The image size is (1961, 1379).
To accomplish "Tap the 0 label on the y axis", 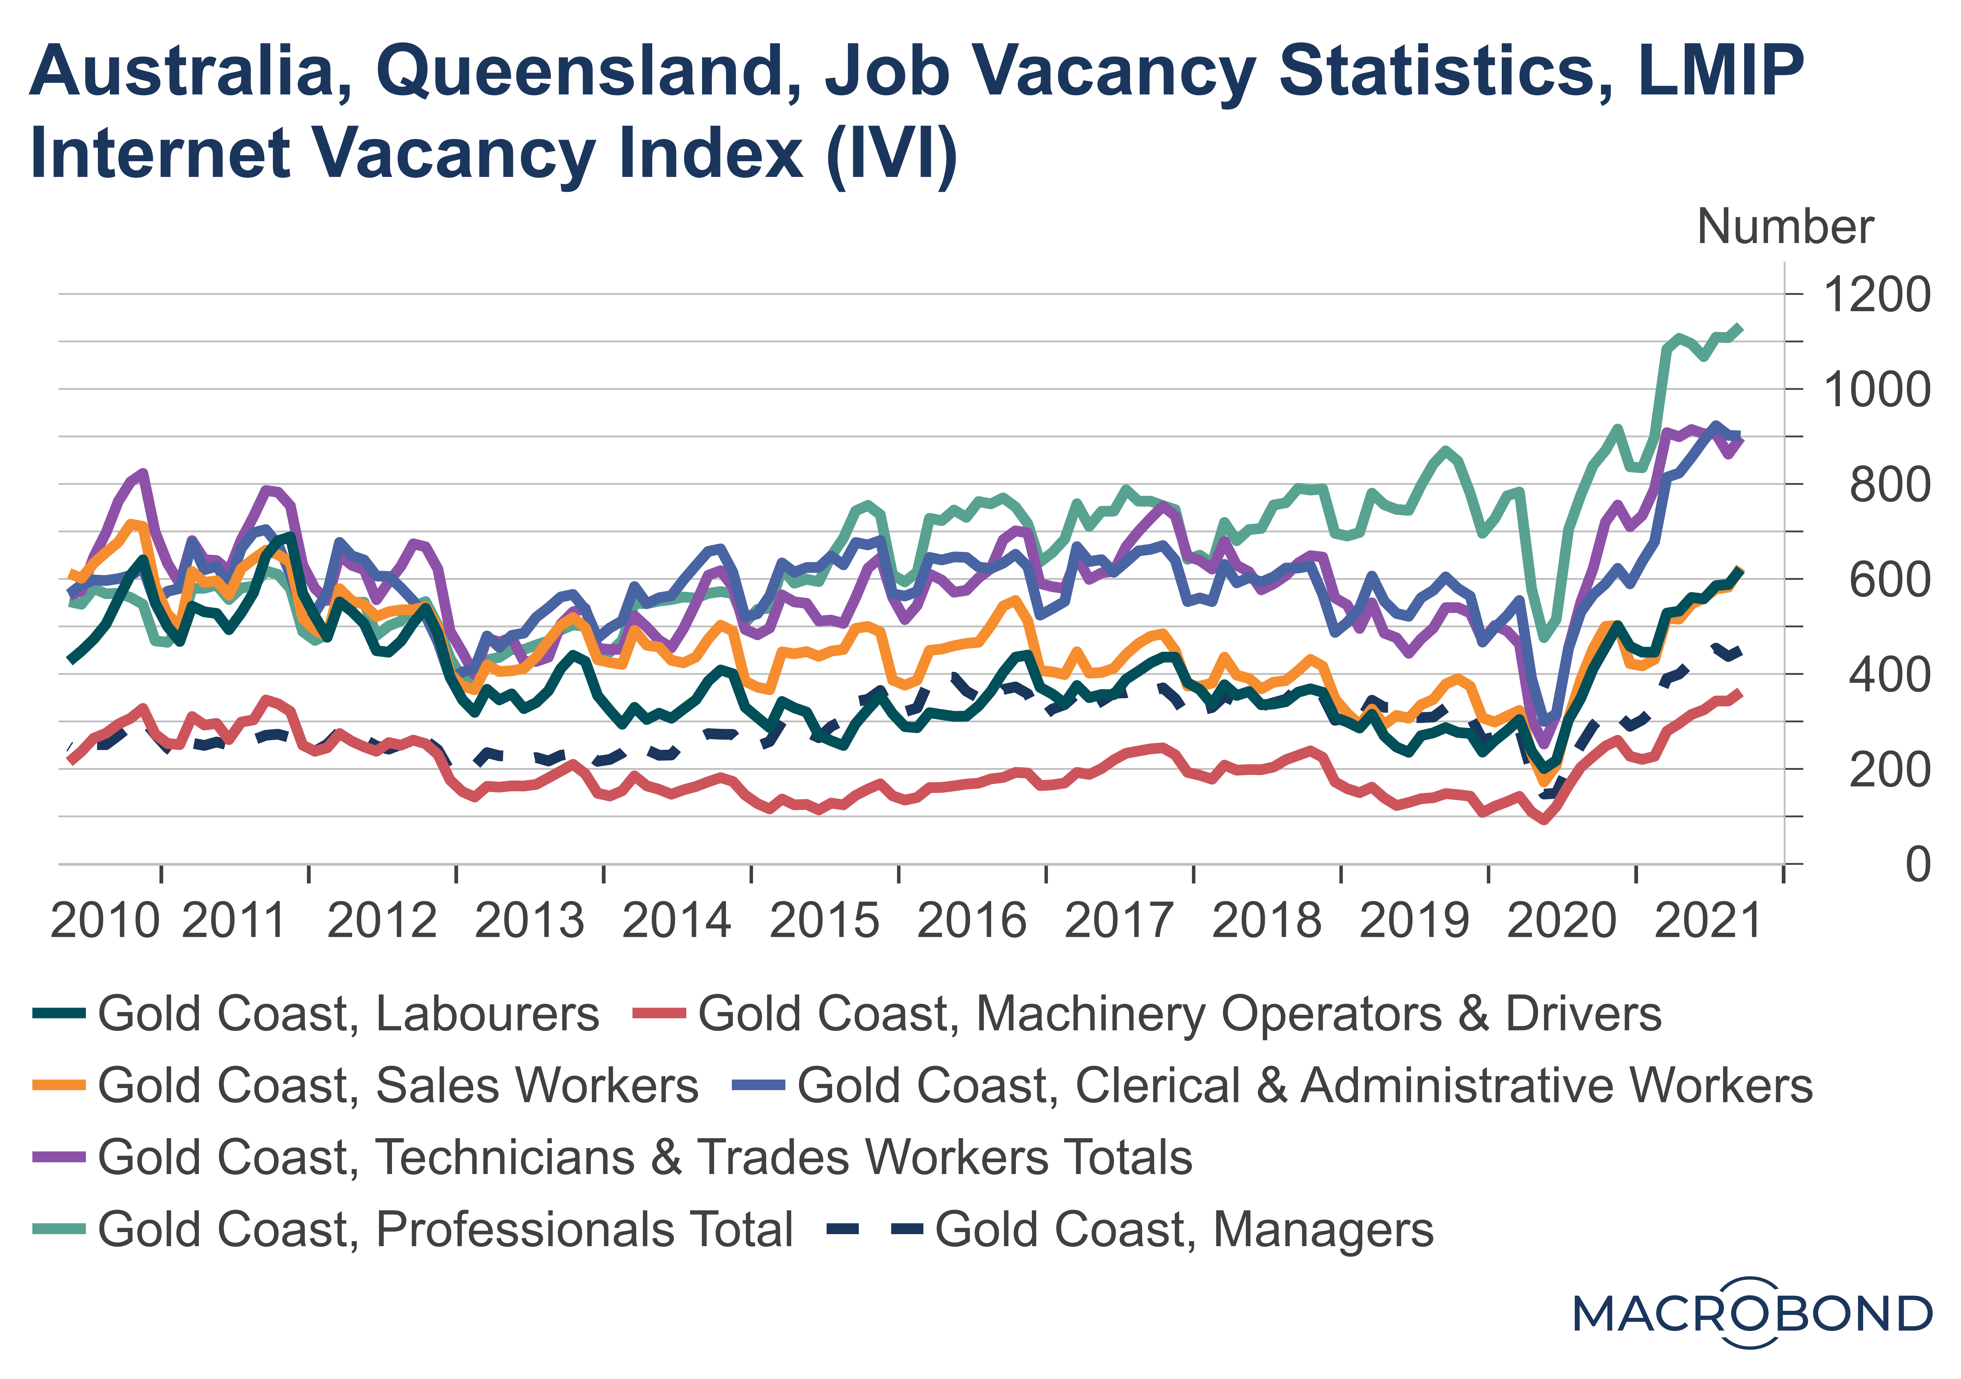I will click(x=1917, y=865).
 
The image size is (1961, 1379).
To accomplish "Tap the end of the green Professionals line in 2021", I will click(x=1740, y=328).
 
